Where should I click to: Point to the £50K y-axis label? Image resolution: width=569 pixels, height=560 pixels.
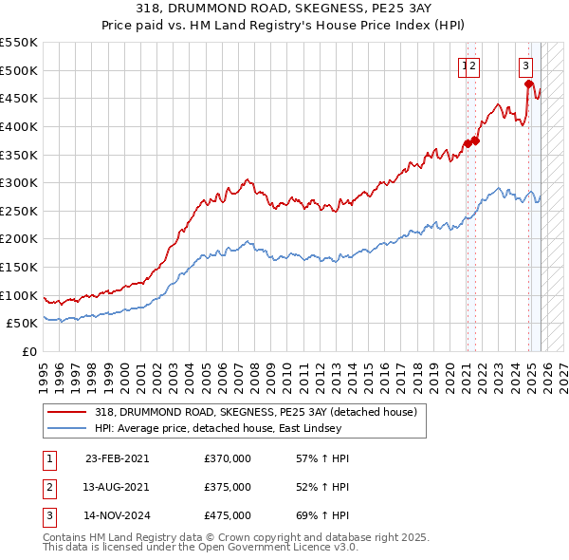click(x=21, y=324)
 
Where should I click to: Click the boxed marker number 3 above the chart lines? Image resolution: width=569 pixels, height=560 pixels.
click(x=525, y=66)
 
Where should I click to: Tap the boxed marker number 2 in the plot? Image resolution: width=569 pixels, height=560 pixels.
click(x=472, y=66)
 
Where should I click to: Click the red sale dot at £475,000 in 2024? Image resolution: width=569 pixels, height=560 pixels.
click(x=529, y=84)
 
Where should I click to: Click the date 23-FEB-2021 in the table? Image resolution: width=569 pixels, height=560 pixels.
click(x=117, y=458)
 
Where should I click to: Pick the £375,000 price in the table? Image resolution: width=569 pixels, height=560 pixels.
click(x=228, y=488)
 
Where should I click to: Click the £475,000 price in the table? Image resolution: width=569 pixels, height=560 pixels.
click(x=228, y=517)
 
